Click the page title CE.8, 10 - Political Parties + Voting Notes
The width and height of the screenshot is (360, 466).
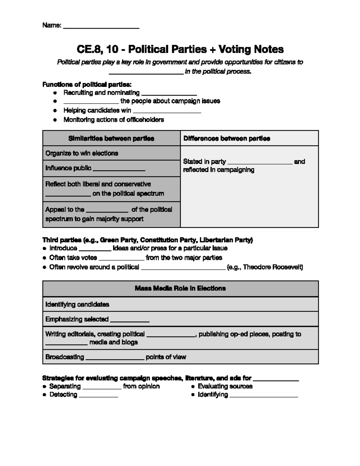pyautogui.click(x=180, y=49)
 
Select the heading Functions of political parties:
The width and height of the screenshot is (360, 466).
pyautogui.click(x=87, y=84)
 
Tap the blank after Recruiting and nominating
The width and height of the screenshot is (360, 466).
pyautogui.click(x=169, y=94)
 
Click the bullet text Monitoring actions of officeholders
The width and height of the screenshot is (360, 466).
pyautogui.click(x=113, y=120)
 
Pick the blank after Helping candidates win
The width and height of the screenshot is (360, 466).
pyautogui.click(x=167, y=111)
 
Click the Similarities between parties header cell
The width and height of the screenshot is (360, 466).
pyautogui.click(x=111, y=138)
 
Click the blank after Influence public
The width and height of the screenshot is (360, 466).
pyautogui.click(x=119, y=169)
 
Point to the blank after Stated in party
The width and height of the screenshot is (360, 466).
pyautogui.click(x=260, y=162)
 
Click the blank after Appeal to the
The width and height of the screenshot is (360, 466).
pyautogui.click(x=107, y=210)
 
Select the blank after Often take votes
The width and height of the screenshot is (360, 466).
pyautogui.click(x=121, y=259)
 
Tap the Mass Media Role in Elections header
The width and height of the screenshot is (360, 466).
pyautogui.click(x=180, y=288)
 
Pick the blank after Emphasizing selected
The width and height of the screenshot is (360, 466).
pyautogui.click(x=130, y=320)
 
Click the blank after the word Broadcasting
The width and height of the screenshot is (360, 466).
pyautogui.click(x=115, y=358)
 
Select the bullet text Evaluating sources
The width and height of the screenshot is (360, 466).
pyautogui.click(x=225, y=386)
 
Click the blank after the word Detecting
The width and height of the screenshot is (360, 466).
pyautogui.click(x=98, y=395)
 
